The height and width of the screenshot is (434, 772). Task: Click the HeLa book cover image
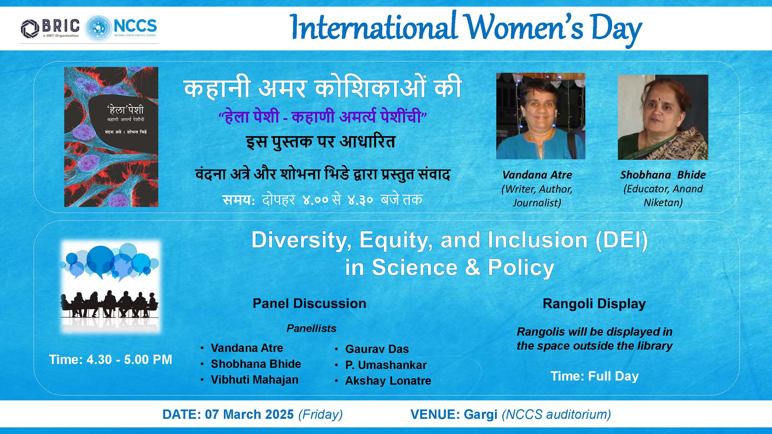point(111,137)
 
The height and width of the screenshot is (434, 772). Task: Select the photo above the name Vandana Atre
point(541,116)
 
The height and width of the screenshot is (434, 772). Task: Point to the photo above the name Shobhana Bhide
point(663,117)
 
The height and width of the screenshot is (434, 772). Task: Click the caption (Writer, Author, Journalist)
point(537,196)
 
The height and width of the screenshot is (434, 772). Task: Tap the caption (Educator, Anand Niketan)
point(663,196)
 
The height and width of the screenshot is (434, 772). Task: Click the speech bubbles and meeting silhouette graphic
point(111,287)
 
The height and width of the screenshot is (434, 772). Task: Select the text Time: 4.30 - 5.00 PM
point(111,359)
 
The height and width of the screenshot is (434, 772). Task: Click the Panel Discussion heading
point(309,303)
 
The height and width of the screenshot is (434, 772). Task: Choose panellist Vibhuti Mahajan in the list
point(255,379)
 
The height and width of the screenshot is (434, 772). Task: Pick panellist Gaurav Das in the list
point(377,349)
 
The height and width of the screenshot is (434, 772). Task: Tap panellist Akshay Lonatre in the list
point(388,381)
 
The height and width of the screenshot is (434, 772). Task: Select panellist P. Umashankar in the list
point(386,365)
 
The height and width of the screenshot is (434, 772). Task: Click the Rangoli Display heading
point(594,304)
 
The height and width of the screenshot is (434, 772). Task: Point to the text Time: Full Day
point(595,376)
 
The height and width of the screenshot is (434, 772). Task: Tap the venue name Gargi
point(481,415)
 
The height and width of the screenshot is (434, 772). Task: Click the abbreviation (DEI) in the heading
point(621,240)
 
